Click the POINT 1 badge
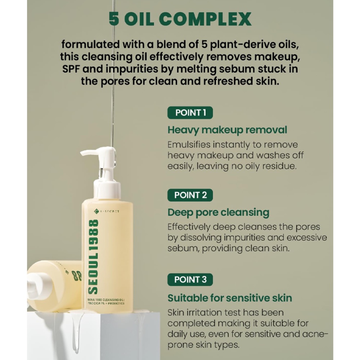(190, 113)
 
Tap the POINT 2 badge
(190, 195)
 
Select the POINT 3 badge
(190, 280)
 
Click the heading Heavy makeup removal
(227, 130)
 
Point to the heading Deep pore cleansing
(218, 212)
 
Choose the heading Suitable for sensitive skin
(230, 298)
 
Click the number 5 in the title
(114, 19)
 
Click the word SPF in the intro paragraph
(71, 69)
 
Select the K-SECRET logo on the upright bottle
(107, 211)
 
